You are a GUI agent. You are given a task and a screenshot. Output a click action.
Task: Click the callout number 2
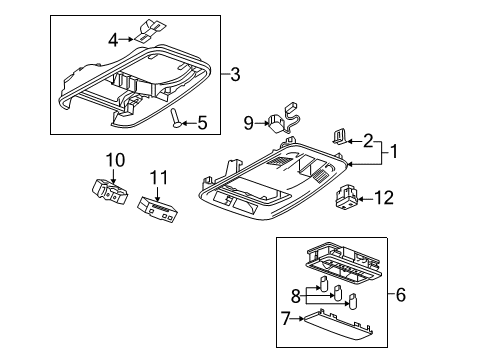(x=368, y=141)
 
